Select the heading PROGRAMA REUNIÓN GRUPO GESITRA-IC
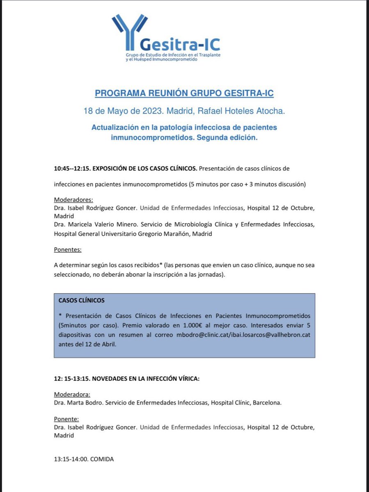tap(184, 93)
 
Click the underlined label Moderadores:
tap(74, 200)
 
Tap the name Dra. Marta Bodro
tap(78, 403)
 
